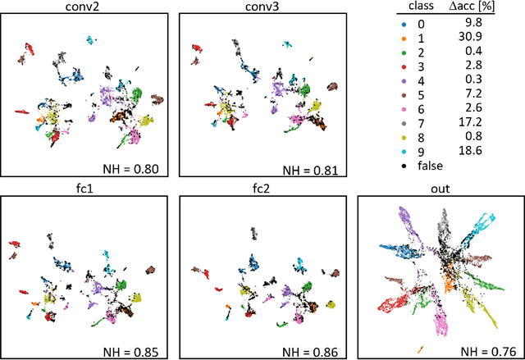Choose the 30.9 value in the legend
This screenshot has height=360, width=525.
pyautogui.click(x=486, y=38)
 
